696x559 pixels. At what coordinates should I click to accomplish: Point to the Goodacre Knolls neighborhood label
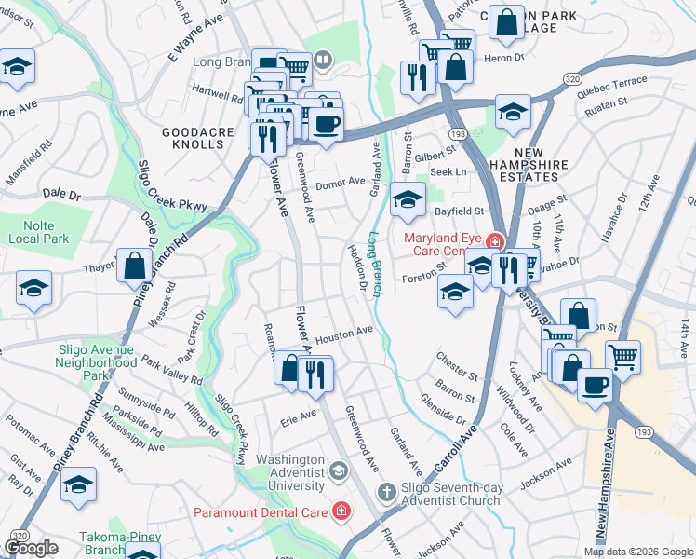(x=197, y=139)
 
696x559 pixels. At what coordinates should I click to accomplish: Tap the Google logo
(x=32, y=547)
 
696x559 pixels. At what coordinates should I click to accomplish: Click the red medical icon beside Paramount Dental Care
(x=341, y=511)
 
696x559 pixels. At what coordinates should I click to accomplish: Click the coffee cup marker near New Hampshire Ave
(x=595, y=385)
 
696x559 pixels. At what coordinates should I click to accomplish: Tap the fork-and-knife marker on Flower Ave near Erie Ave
(x=315, y=375)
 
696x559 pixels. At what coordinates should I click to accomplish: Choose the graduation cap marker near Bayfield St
(x=407, y=199)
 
